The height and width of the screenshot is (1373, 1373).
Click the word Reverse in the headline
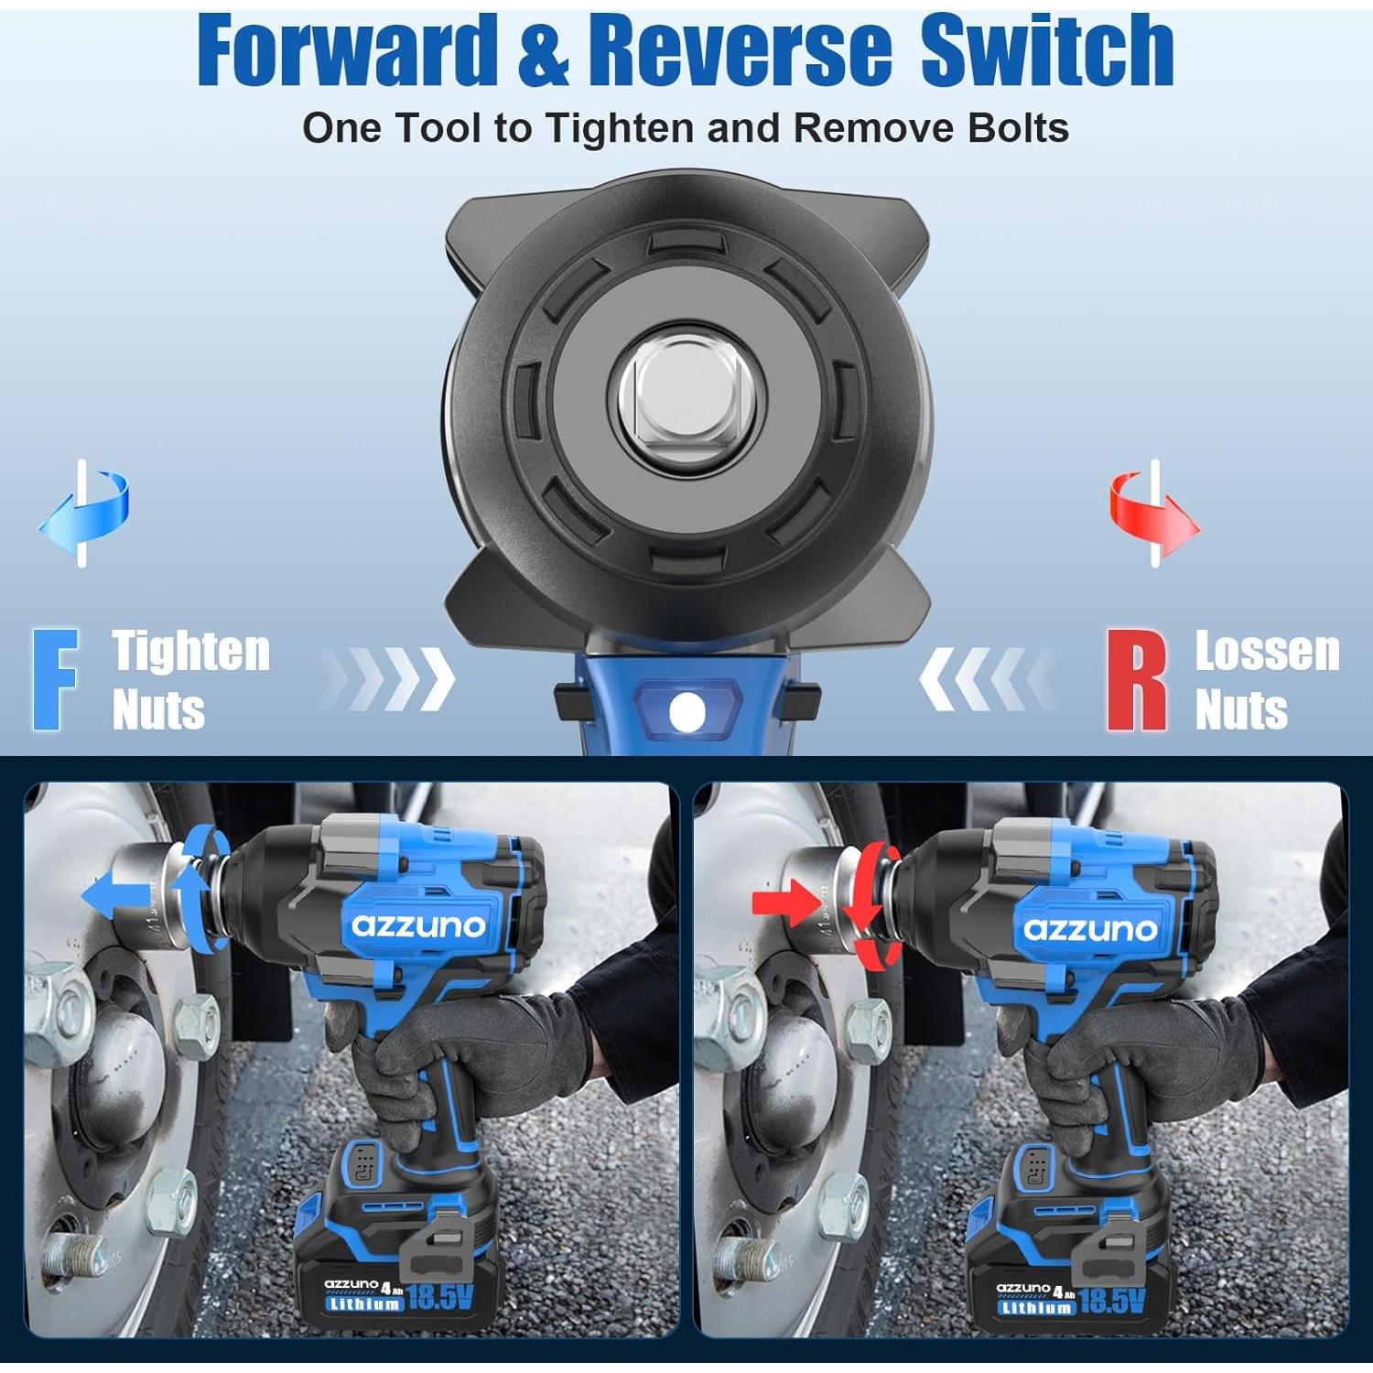tap(739, 51)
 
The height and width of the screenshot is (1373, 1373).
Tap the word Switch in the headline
tap(1046, 51)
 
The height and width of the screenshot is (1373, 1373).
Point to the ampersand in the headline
tap(544, 53)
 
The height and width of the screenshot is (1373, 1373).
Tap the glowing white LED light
tap(686, 712)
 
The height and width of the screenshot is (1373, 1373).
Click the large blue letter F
tap(55, 679)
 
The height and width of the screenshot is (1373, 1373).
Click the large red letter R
tap(1136, 679)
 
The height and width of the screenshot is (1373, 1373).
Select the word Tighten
tap(191, 652)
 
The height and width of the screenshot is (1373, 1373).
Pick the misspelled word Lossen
tap(1267, 652)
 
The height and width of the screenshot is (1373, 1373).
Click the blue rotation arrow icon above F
tap(84, 513)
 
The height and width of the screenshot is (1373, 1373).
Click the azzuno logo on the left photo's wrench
tap(418, 925)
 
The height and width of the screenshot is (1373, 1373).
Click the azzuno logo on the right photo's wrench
tap(1089, 929)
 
